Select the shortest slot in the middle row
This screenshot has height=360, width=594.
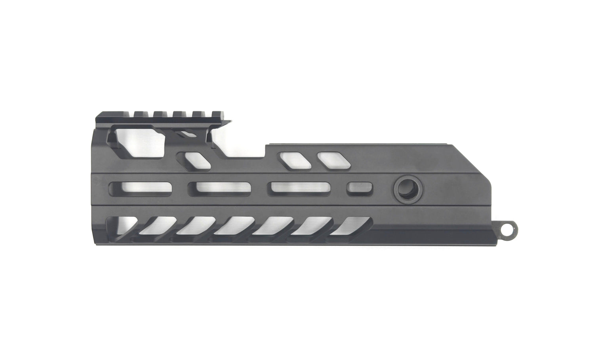click(359, 188)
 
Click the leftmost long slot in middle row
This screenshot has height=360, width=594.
click(141, 188)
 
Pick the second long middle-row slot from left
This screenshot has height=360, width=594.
click(219, 188)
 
